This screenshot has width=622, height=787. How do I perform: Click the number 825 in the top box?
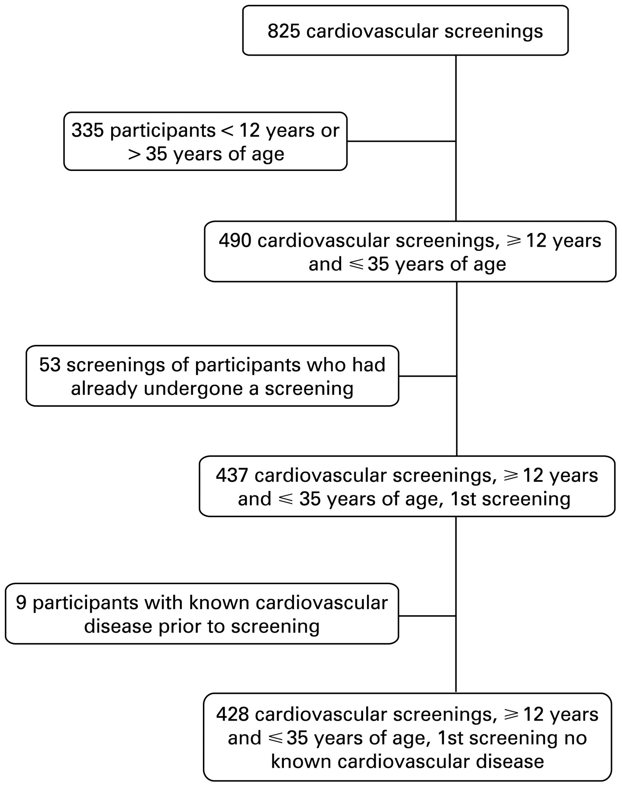click(283, 31)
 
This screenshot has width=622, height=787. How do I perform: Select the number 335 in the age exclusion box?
click(87, 130)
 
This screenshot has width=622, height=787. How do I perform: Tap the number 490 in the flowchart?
click(235, 240)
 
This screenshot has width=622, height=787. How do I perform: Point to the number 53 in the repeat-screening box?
click(49, 365)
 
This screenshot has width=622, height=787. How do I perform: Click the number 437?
click(232, 475)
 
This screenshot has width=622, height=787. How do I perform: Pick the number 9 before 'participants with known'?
click(21, 602)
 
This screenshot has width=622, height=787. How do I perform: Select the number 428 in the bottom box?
click(232, 714)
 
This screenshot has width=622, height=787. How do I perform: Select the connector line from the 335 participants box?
click(402, 141)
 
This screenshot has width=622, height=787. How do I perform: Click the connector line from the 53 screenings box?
click(428, 376)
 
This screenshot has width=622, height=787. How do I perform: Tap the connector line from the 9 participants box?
click(427, 616)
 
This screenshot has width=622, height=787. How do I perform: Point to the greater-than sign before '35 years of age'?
click(134, 154)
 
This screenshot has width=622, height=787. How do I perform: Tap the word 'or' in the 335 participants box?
click(330, 131)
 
